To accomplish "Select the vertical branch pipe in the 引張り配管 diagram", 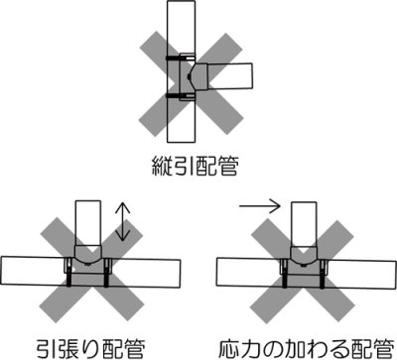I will click(x=87, y=228).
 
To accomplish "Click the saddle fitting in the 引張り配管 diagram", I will click(x=87, y=266).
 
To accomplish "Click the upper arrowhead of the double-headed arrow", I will click(x=123, y=204).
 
